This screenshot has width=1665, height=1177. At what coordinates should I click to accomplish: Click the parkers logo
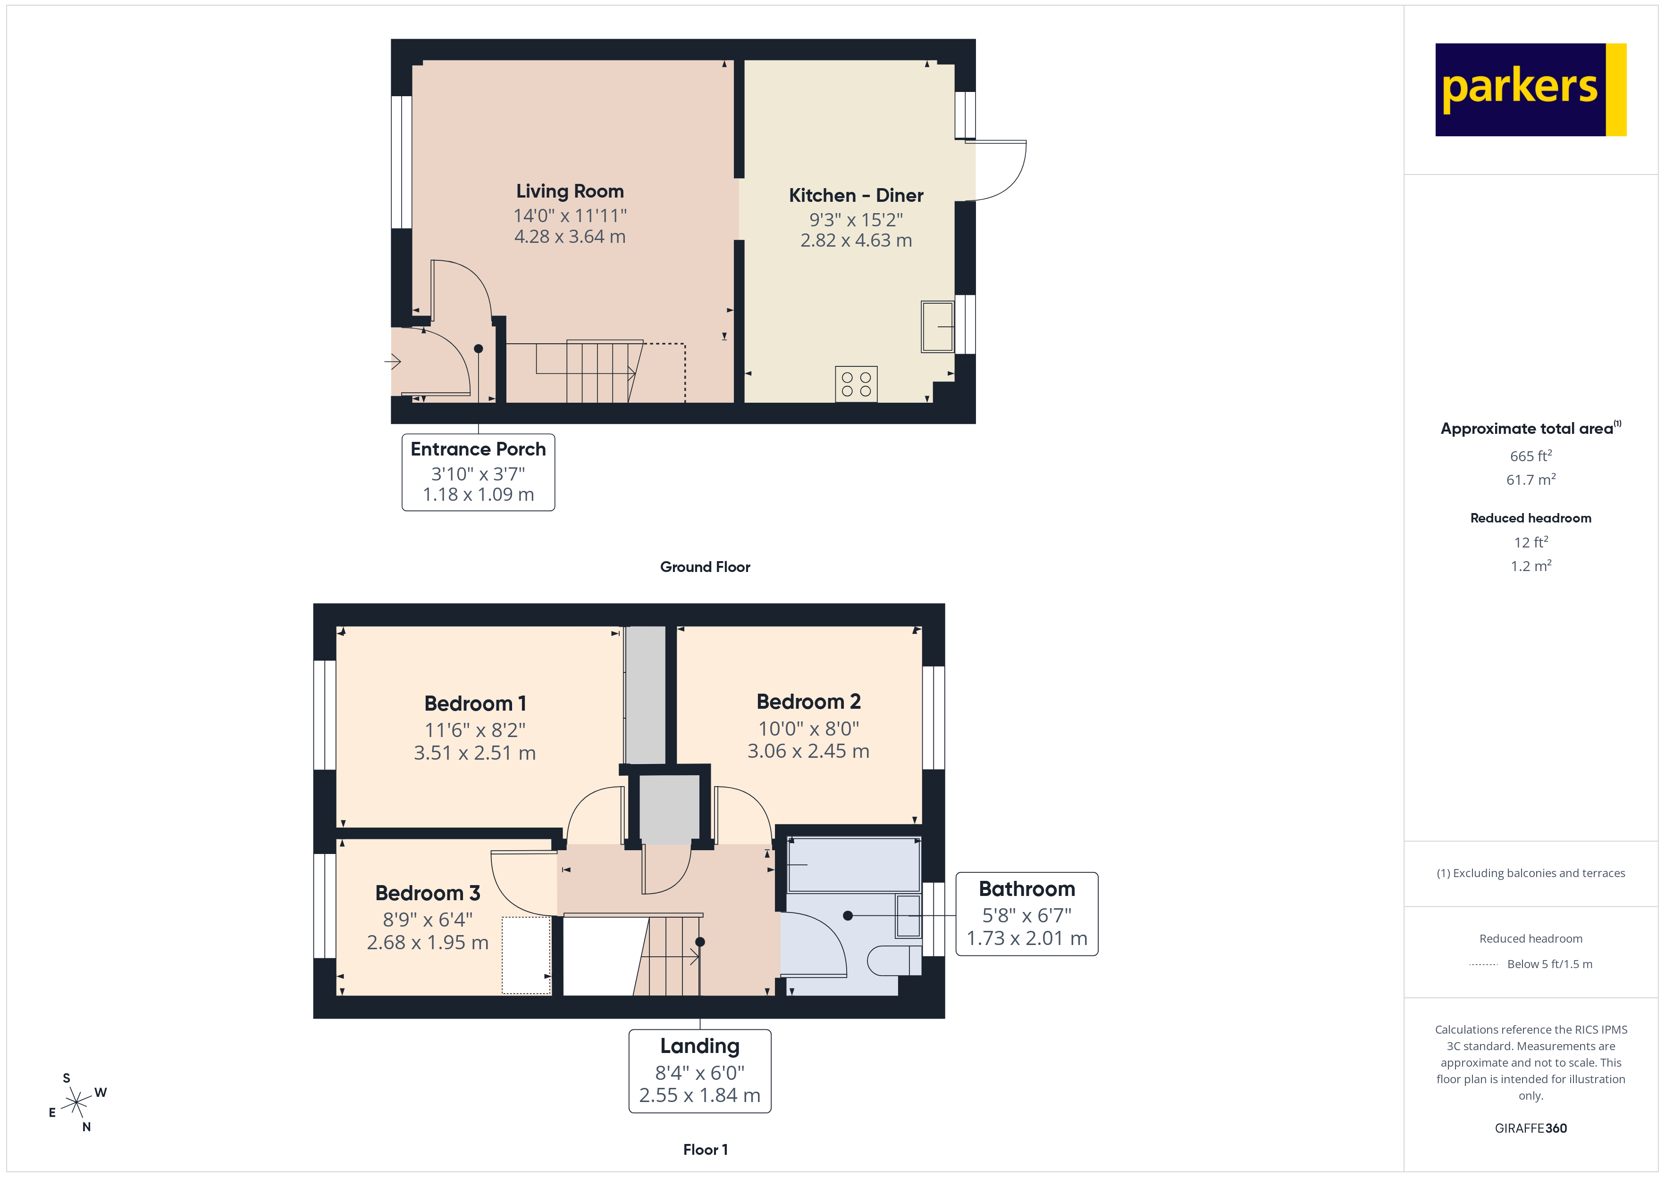[x=1530, y=90]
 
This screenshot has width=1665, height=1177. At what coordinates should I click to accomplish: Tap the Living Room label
[x=570, y=191]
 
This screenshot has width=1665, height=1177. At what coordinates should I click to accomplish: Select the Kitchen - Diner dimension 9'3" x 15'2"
[x=856, y=220]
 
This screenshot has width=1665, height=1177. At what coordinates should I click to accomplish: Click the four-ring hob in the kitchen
[x=856, y=384]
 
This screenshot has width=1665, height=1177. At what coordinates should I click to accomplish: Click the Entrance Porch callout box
[x=478, y=472]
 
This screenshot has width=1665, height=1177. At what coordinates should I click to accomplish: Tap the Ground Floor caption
[x=705, y=567]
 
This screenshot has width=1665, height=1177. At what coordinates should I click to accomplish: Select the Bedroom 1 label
[x=475, y=704]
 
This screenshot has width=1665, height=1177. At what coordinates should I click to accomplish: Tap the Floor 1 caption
[x=705, y=1150]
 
